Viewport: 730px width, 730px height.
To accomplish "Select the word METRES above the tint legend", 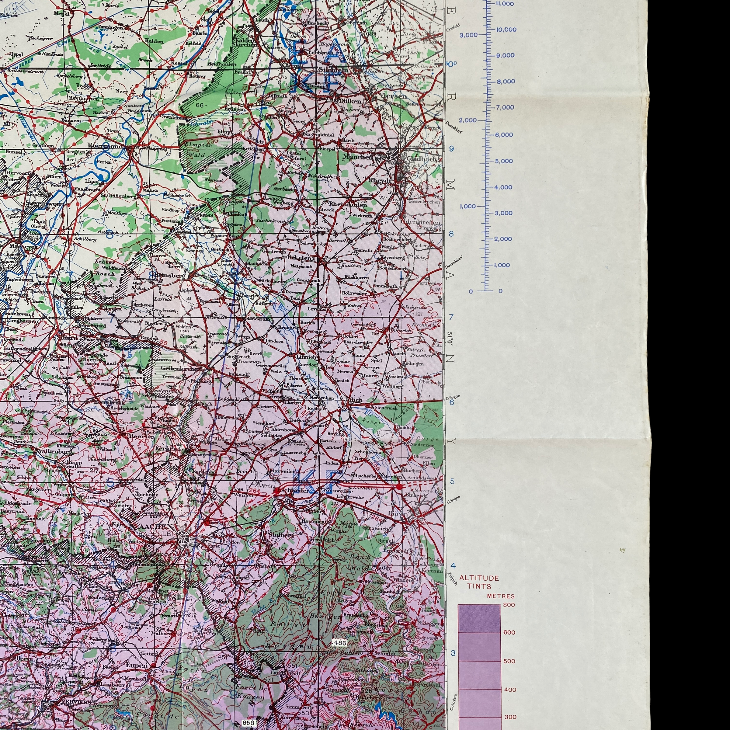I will tap(501, 596).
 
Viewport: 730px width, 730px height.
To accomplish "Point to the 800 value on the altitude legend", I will tap(509, 605).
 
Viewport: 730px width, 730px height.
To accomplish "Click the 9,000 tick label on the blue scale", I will tap(505, 55).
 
